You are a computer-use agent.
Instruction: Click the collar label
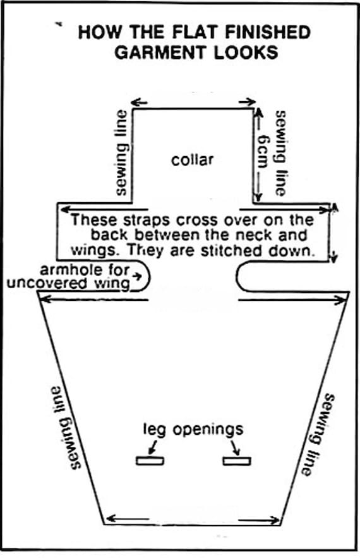tap(193, 160)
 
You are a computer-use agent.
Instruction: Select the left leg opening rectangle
tap(150, 461)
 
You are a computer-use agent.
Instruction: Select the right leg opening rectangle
tap(237, 461)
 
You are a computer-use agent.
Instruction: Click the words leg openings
tap(193, 430)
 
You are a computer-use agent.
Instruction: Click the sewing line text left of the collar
tap(122, 153)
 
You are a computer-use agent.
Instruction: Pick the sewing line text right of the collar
tap(280, 153)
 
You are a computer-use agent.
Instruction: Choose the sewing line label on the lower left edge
tap(66, 428)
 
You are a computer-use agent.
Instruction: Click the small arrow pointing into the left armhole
tap(136, 276)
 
